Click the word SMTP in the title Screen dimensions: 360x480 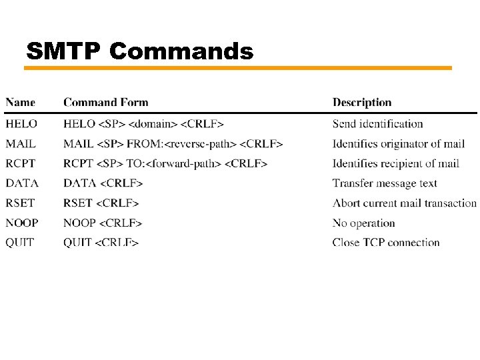[64, 51]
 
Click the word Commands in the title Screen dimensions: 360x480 [181, 51]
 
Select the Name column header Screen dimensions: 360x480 [21, 102]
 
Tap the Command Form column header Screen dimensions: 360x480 [106, 102]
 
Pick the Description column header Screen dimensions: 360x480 [362, 102]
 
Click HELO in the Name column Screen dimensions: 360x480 [21, 123]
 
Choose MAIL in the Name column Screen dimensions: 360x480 [21, 143]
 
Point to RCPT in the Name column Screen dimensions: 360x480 [21, 163]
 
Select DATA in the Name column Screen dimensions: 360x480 [22, 183]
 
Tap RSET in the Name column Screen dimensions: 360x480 [20, 203]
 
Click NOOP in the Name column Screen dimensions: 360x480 [22, 223]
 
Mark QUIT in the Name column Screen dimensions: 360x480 [20, 243]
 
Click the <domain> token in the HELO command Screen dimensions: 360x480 [153, 123]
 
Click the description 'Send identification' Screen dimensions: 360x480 [378, 123]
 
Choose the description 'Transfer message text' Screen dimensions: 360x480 [385, 183]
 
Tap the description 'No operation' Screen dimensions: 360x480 [364, 223]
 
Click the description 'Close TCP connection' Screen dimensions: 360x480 [386, 243]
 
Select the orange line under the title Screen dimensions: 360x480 [239, 68]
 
